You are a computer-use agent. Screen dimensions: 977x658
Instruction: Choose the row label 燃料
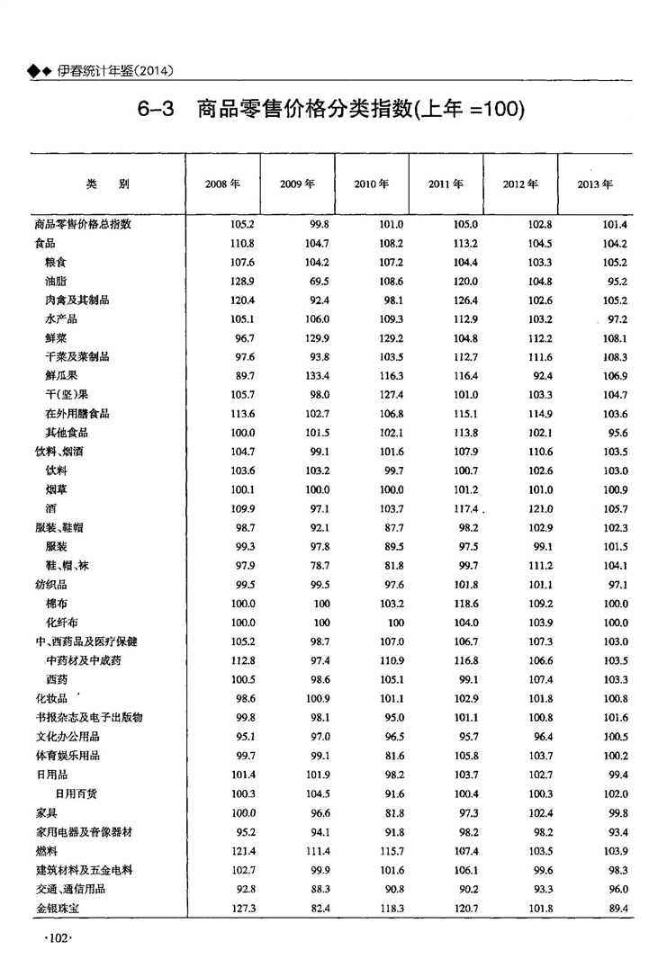pos(44,851)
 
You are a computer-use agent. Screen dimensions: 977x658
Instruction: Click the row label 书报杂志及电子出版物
pos(89,717)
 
